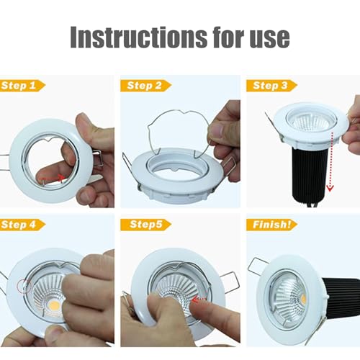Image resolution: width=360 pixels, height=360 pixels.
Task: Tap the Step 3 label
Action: pyautogui.click(x=270, y=85)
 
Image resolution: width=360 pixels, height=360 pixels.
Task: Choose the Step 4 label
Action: pyautogui.click(x=21, y=225)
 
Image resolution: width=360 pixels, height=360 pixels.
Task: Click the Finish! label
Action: pyautogui.click(x=271, y=225)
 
